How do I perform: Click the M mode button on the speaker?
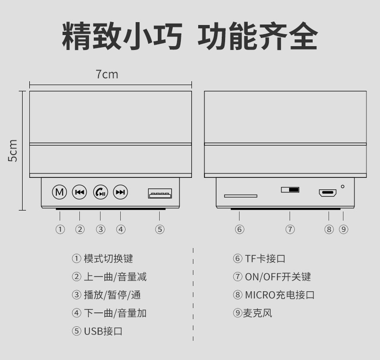tap(60, 192)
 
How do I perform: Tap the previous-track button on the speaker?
tap(79, 192)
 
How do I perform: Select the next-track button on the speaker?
tap(120, 192)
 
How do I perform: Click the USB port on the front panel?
tap(160, 194)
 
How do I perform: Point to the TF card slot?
tap(241, 196)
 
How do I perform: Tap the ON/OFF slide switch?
tap(290, 189)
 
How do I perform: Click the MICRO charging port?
tap(328, 193)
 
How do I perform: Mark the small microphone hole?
tap(343, 186)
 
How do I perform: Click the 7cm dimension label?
tap(107, 74)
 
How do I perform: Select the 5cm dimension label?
tap(13, 150)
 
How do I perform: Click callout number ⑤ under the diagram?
tap(160, 229)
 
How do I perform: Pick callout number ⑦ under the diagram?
tap(290, 229)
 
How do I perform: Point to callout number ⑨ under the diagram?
tap(343, 229)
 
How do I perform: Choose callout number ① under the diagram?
tap(60, 229)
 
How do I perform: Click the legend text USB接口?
tap(103, 331)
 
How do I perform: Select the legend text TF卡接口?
tap(265, 259)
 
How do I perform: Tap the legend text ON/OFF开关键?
tap(278, 277)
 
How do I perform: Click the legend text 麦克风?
tap(258, 313)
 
